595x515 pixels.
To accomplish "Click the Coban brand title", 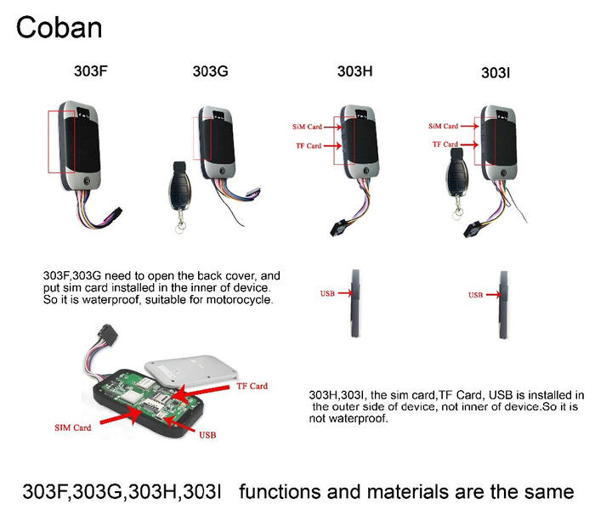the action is [x=59, y=28].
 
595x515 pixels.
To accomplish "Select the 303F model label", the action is [x=91, y=71].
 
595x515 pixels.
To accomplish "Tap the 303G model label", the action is [x=210, y=71].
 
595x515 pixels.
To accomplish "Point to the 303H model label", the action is [x=354, y=71].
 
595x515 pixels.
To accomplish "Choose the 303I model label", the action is [x=496, y=73].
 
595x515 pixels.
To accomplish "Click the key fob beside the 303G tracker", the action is [x=180, y=195].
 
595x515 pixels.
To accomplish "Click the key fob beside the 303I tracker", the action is [x=457, y=181].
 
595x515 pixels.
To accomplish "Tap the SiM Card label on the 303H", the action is [x=307, y=127].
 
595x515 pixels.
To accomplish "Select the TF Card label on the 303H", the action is [x=309, y=145].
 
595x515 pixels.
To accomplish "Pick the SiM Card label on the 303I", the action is [x=443, y=126].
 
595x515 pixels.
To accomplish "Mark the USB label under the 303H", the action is [x=327, y=293].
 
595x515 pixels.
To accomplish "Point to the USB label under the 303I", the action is [x=475, y=295].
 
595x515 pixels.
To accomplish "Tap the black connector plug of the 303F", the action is [x=114, y=215].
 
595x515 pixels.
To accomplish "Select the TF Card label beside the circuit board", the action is [x=252, y=386].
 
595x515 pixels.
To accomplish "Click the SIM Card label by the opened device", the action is [x=73, y=427].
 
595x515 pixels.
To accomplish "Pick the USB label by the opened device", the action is [x=207, y=435].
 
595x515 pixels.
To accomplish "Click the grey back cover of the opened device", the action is [x=191, y=368].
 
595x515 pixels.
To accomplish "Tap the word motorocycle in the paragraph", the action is [x=240, y=300].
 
